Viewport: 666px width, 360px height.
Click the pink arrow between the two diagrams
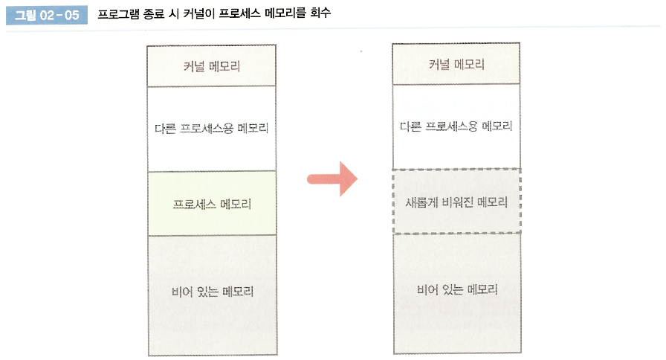[x=333, y=179]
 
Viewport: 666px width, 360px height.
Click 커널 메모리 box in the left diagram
[x=212, y=66]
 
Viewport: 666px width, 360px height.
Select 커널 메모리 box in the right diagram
[x=456, y=64]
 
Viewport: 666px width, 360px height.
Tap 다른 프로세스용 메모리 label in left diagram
[x=212, y=128]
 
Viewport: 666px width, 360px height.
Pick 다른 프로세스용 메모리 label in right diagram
[x=456, y=126]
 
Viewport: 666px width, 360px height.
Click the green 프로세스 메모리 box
[x=212, y=203]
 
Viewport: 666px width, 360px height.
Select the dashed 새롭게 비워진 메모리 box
[x=456, y=202]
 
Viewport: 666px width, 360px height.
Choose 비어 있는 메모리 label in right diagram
[x=456, y=289]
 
